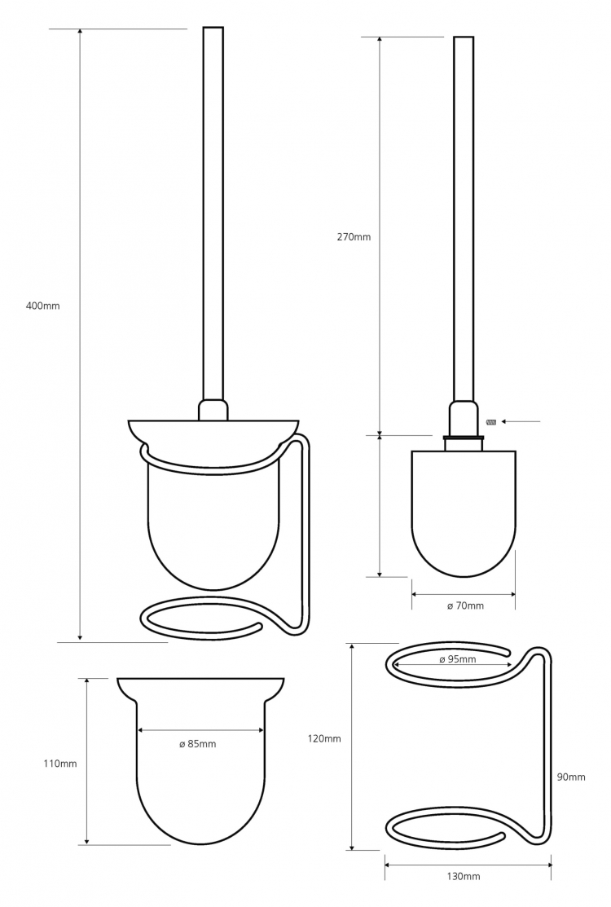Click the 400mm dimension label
43,306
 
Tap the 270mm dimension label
354,236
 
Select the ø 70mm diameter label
465,605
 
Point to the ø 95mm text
458,659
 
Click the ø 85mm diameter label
198,744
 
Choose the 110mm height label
60,764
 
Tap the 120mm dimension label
324,738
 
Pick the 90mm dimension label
571,777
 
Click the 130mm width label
464,877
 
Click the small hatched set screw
492,421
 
